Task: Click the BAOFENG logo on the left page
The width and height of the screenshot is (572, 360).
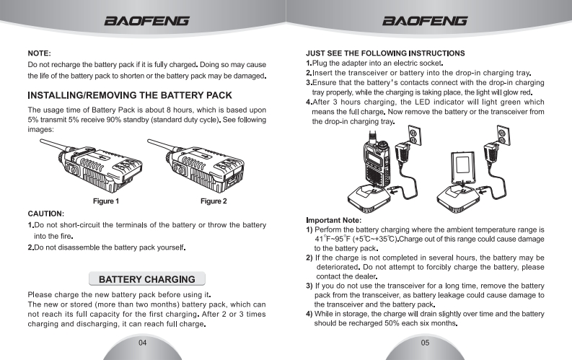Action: (x=147, y=21)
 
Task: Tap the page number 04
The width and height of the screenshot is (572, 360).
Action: (x=143, y=342)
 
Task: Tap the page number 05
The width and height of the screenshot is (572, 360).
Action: (x=426, y=342)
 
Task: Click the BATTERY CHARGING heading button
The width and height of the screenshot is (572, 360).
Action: (x=146, y=279)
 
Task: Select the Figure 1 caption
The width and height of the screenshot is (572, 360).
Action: (x=106, y=201)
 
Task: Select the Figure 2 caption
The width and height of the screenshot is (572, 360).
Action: (x=214, y=201)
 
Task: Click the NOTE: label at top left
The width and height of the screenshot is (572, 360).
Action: (x=39, y=53)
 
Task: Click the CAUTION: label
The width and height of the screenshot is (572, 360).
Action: (x=46, y=214)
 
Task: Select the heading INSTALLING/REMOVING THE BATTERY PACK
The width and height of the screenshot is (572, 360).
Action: (x=129, y=95)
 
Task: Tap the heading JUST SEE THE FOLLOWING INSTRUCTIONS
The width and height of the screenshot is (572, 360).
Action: (x=385, y=53)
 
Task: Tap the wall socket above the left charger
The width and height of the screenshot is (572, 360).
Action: (x=414, y=136)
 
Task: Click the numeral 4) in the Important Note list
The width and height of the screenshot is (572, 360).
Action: (x=309, y=314)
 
